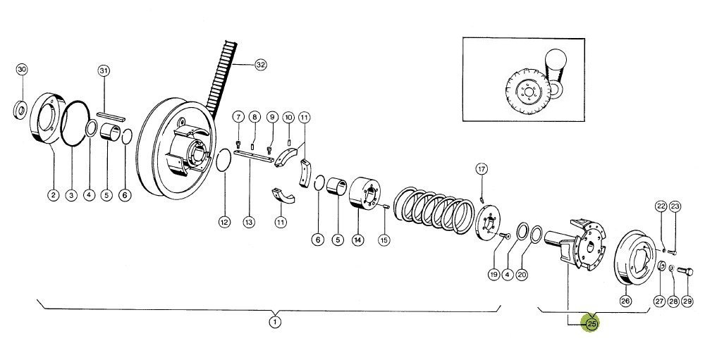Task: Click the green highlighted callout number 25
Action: (x=591, y=324)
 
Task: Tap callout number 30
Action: (x=22, y=69)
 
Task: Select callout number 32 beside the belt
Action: (x=261, y=65)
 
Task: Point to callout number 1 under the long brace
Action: (x=275, y=322)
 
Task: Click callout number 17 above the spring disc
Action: (x=482, y=169)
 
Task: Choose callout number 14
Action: (x=357, y=240)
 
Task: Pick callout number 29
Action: (x=687, y=301)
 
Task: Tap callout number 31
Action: (x=104, y=70)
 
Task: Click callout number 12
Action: (x=224, y=222)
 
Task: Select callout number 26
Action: (x=626, y=301)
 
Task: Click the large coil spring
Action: (x=434, y=209)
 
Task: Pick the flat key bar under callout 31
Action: (x=111, y=116)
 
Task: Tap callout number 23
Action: (x=675, y=206)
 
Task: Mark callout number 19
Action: (x=494, y=274)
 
